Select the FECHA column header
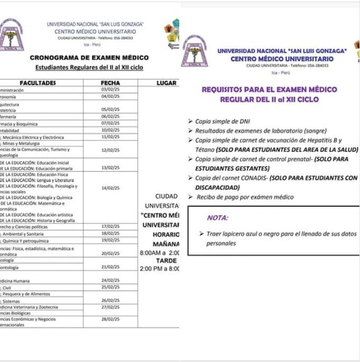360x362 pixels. [x=110, y=83]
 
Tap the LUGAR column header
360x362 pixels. [x=167, y=83]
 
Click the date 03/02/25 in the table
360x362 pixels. [x=110, y=90]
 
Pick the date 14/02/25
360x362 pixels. [x=110, y=188]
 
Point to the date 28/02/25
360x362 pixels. [x=110, y=319]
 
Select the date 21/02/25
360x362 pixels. [x=110, y=267]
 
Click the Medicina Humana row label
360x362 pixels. [x=16, y=281]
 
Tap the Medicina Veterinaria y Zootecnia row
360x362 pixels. [x=29, y=307]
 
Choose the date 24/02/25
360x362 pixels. [x=110, y=281]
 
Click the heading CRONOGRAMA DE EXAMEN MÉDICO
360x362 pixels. [x=89, y=58]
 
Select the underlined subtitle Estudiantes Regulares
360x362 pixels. [x=89, y=68]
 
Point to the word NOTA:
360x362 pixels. [x=218, y=218]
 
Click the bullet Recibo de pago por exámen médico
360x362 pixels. [x=245, y=197]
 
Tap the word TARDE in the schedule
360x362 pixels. [x=167, y=261]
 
